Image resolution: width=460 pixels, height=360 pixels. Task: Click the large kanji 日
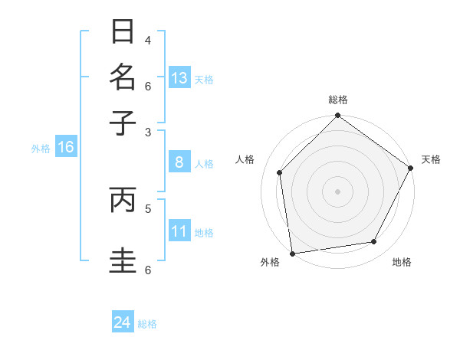tap(123, 32)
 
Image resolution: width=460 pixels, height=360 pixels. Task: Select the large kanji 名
tap(123, 77)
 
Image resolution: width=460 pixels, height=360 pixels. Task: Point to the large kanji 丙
tap(123, 200)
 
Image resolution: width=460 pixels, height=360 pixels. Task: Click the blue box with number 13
tap(179, 78)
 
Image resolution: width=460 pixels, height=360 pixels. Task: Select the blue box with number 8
tap(179, 162)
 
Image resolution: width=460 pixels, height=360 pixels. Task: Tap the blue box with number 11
tap(179, 232)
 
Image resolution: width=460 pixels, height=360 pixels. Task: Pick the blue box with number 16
tap(66, 147)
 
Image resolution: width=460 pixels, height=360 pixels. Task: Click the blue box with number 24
tap(123, 323)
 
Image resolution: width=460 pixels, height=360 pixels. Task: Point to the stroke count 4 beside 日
tap(148, 40)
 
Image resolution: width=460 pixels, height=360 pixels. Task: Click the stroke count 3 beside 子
tap(148, 132)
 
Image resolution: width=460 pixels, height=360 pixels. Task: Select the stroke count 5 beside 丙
tap(148, 207)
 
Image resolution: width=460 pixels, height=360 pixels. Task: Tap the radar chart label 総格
tap(338, 100)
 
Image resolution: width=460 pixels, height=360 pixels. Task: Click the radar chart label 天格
tap(431, 159)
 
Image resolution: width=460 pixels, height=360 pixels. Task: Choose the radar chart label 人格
tap(245, 159)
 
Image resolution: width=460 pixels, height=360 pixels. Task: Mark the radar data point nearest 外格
tap(292, 253)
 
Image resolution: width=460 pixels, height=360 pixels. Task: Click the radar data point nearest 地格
tap(374, 242)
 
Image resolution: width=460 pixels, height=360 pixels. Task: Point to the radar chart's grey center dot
tap(338, 191)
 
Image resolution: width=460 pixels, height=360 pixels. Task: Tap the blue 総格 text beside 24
tap(147, 324)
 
